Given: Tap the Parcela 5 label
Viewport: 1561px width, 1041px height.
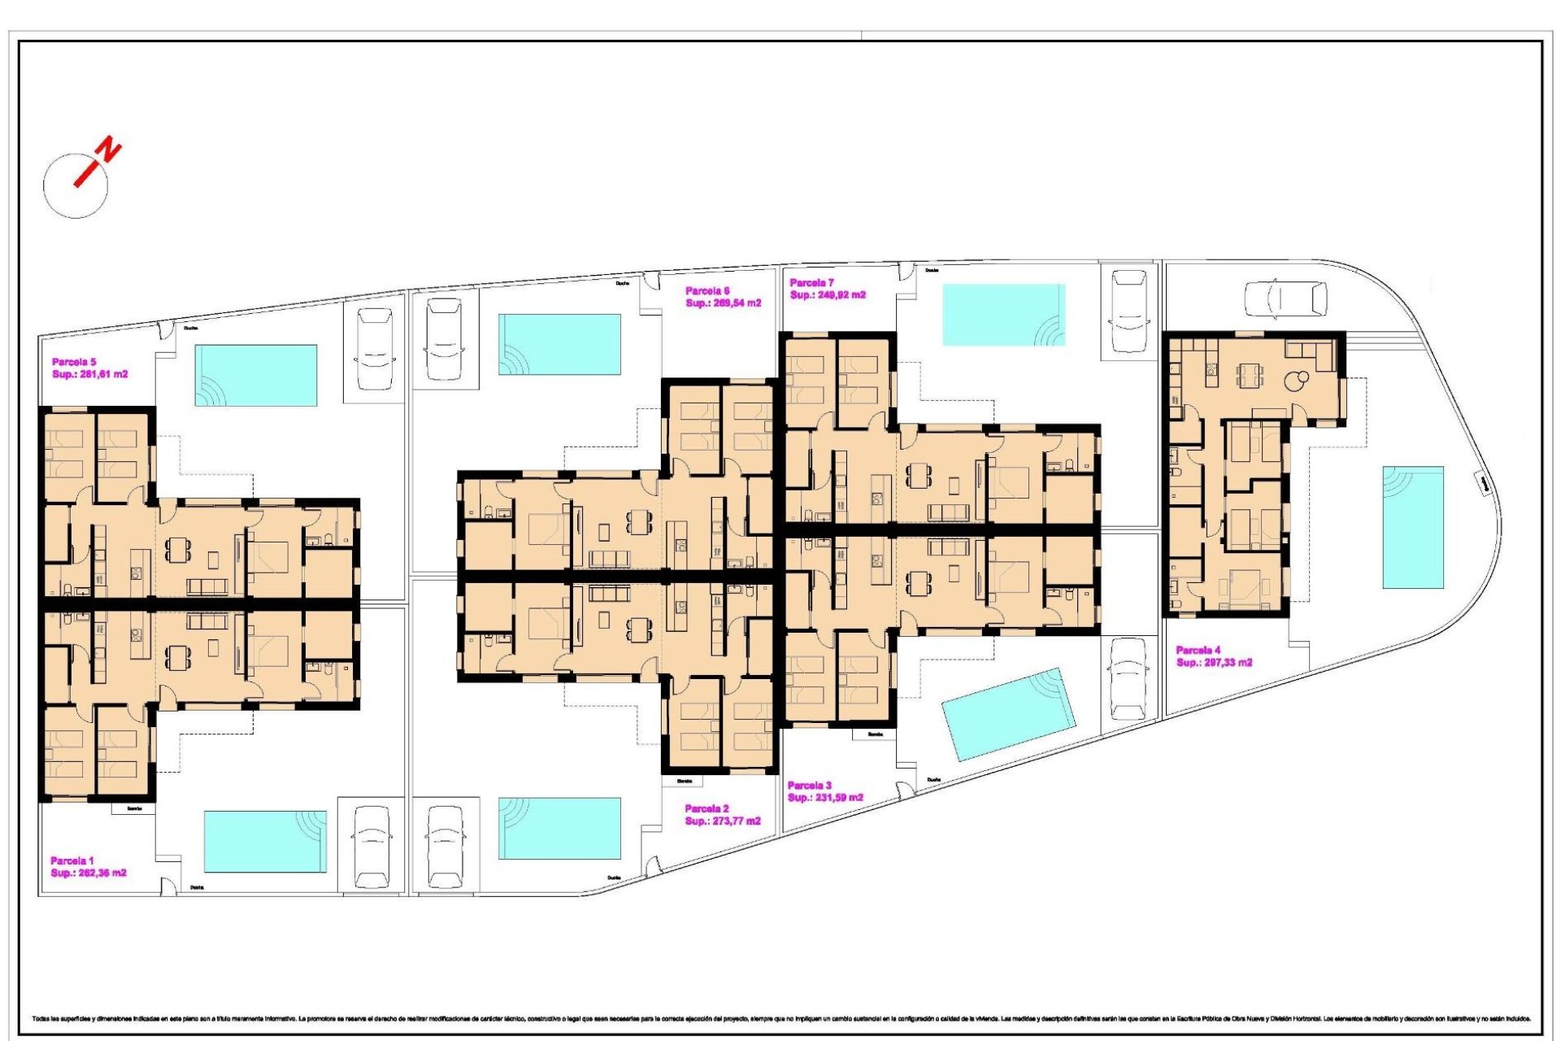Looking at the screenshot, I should (74, 362).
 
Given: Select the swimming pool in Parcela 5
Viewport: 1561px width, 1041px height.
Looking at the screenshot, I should (255, 375).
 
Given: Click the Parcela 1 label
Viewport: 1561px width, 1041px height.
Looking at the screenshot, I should (72, 860).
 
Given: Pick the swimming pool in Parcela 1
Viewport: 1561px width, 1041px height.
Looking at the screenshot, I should (264, 841).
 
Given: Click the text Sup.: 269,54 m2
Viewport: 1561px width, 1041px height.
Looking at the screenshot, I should (723, 303).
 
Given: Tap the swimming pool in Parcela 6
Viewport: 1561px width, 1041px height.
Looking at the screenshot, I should (559, 344).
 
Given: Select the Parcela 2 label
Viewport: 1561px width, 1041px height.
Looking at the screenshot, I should (707, 808).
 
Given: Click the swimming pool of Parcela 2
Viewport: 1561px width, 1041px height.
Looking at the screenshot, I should (559, 828).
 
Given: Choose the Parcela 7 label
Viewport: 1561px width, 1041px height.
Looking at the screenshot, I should (811, 283).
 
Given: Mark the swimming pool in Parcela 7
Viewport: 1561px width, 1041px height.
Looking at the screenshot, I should (1003, 315).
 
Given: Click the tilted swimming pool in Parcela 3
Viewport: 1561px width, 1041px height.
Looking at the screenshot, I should (1008, 714).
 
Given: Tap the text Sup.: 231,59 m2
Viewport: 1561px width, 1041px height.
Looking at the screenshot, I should (825, 798).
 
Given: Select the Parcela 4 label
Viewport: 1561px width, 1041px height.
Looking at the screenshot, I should (1198, 650).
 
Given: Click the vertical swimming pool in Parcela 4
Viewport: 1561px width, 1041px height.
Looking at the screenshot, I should (1413, 527).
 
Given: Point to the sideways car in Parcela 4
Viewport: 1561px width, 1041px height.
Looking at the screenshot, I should (1285, 298).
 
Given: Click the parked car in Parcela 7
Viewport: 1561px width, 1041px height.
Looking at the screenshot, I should (1128, 311).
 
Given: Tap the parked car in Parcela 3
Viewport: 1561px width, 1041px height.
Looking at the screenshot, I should (1128, 679).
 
